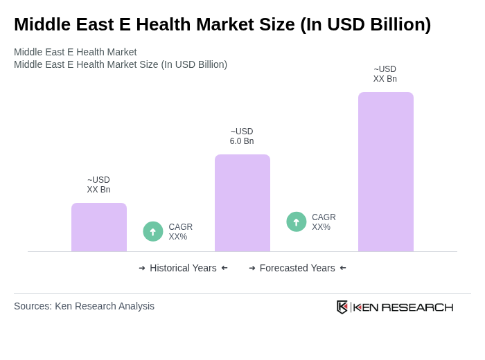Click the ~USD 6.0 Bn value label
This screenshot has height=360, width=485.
point(242,136)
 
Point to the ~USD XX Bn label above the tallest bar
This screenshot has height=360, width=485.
point(385,74)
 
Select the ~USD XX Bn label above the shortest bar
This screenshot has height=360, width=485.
point(98,185)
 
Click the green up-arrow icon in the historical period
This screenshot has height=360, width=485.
point(153,231)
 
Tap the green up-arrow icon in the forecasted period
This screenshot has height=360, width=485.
point(297,222)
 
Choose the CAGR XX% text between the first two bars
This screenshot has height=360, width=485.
point(181,232)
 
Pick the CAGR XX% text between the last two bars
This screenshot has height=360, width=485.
point(324,222)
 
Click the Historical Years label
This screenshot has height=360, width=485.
point(183,268)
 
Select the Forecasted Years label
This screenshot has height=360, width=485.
point(297,268)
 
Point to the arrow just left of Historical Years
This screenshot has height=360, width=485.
point(142,268)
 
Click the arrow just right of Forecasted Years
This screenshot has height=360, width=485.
point(343,268)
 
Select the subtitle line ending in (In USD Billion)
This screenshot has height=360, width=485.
point(121,64)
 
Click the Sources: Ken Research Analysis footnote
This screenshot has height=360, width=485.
point(84,306)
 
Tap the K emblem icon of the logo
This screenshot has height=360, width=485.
point(342,307)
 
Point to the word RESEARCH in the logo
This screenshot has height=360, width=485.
point(417,307)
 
